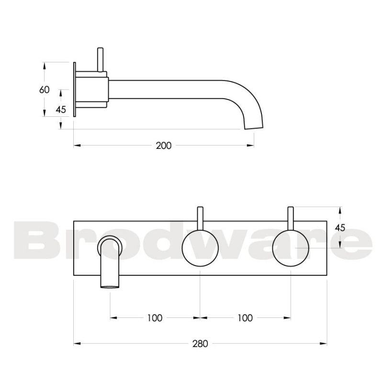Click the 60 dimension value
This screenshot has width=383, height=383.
[x=44, y=89]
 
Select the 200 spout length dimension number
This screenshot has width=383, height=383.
[x=163, y=146]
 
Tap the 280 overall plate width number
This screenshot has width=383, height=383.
[x=200, y=344]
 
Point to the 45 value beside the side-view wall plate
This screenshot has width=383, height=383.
[x=61, y=110]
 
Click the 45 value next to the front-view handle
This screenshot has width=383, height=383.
[x=340, y=227]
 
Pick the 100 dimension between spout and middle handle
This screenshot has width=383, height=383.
[x=155, y=317]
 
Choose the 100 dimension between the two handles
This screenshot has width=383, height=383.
[x=245, y=317]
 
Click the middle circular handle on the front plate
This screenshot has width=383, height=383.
[x=200, y=248]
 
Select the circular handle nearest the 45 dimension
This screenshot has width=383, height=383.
[x=291, y=248]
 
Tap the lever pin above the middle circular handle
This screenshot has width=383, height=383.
[x=200, y=218]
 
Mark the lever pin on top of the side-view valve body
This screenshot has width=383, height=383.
[x=100, y=59]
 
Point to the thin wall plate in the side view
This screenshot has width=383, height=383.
[x=75, y=89]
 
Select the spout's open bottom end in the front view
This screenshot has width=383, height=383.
[x=110, y=286]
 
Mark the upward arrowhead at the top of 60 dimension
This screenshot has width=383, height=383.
[x=44, y=65]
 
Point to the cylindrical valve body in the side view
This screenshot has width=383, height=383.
[x=92, y=89]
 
